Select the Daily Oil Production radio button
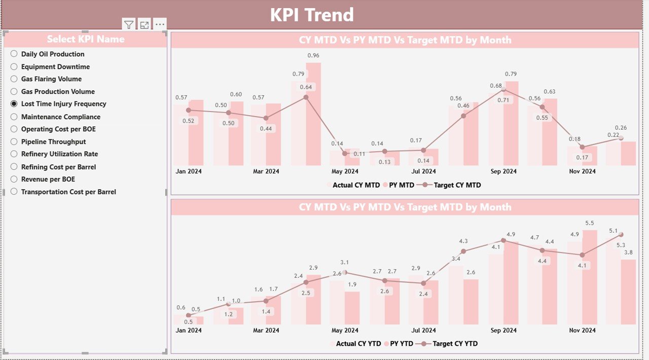[14, 54]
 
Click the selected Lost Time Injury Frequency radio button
[14, 103]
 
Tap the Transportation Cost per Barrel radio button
[14, 192]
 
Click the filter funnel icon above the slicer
[129, 24]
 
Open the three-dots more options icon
[160, 24]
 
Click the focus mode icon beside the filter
[145, 24]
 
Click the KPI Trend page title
[311, 15]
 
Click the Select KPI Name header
[86, 39]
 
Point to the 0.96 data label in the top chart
[313, 55]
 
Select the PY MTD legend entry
[401, 185]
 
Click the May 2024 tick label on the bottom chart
[345, 330]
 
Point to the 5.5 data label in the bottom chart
[590, 223]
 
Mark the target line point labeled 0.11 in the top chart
[345, 153]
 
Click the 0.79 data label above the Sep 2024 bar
[511, 74]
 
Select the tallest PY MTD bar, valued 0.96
[313, 114]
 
